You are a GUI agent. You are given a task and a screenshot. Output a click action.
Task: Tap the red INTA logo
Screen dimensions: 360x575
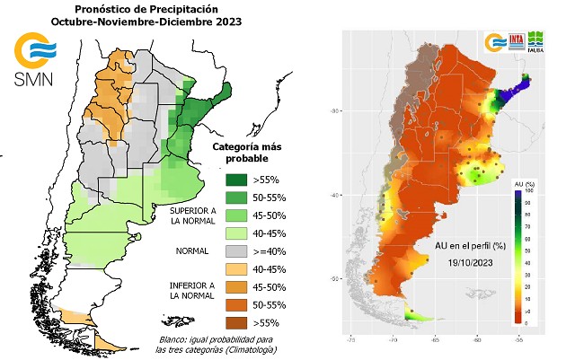[517, 42]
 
